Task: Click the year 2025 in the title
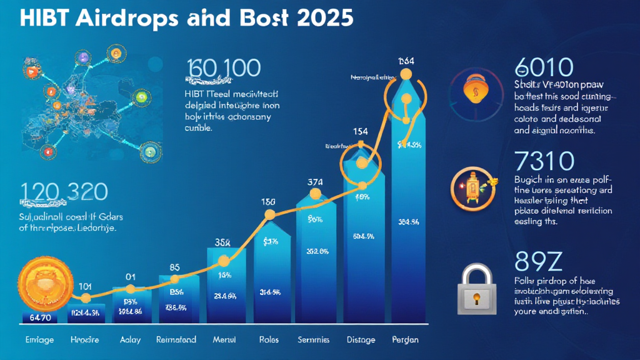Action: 320,17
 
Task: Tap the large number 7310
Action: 543,161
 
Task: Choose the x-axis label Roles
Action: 269,340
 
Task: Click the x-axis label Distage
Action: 361,340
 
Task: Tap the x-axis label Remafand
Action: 176,340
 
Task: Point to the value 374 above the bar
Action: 316,182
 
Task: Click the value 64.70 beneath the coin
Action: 39,318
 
